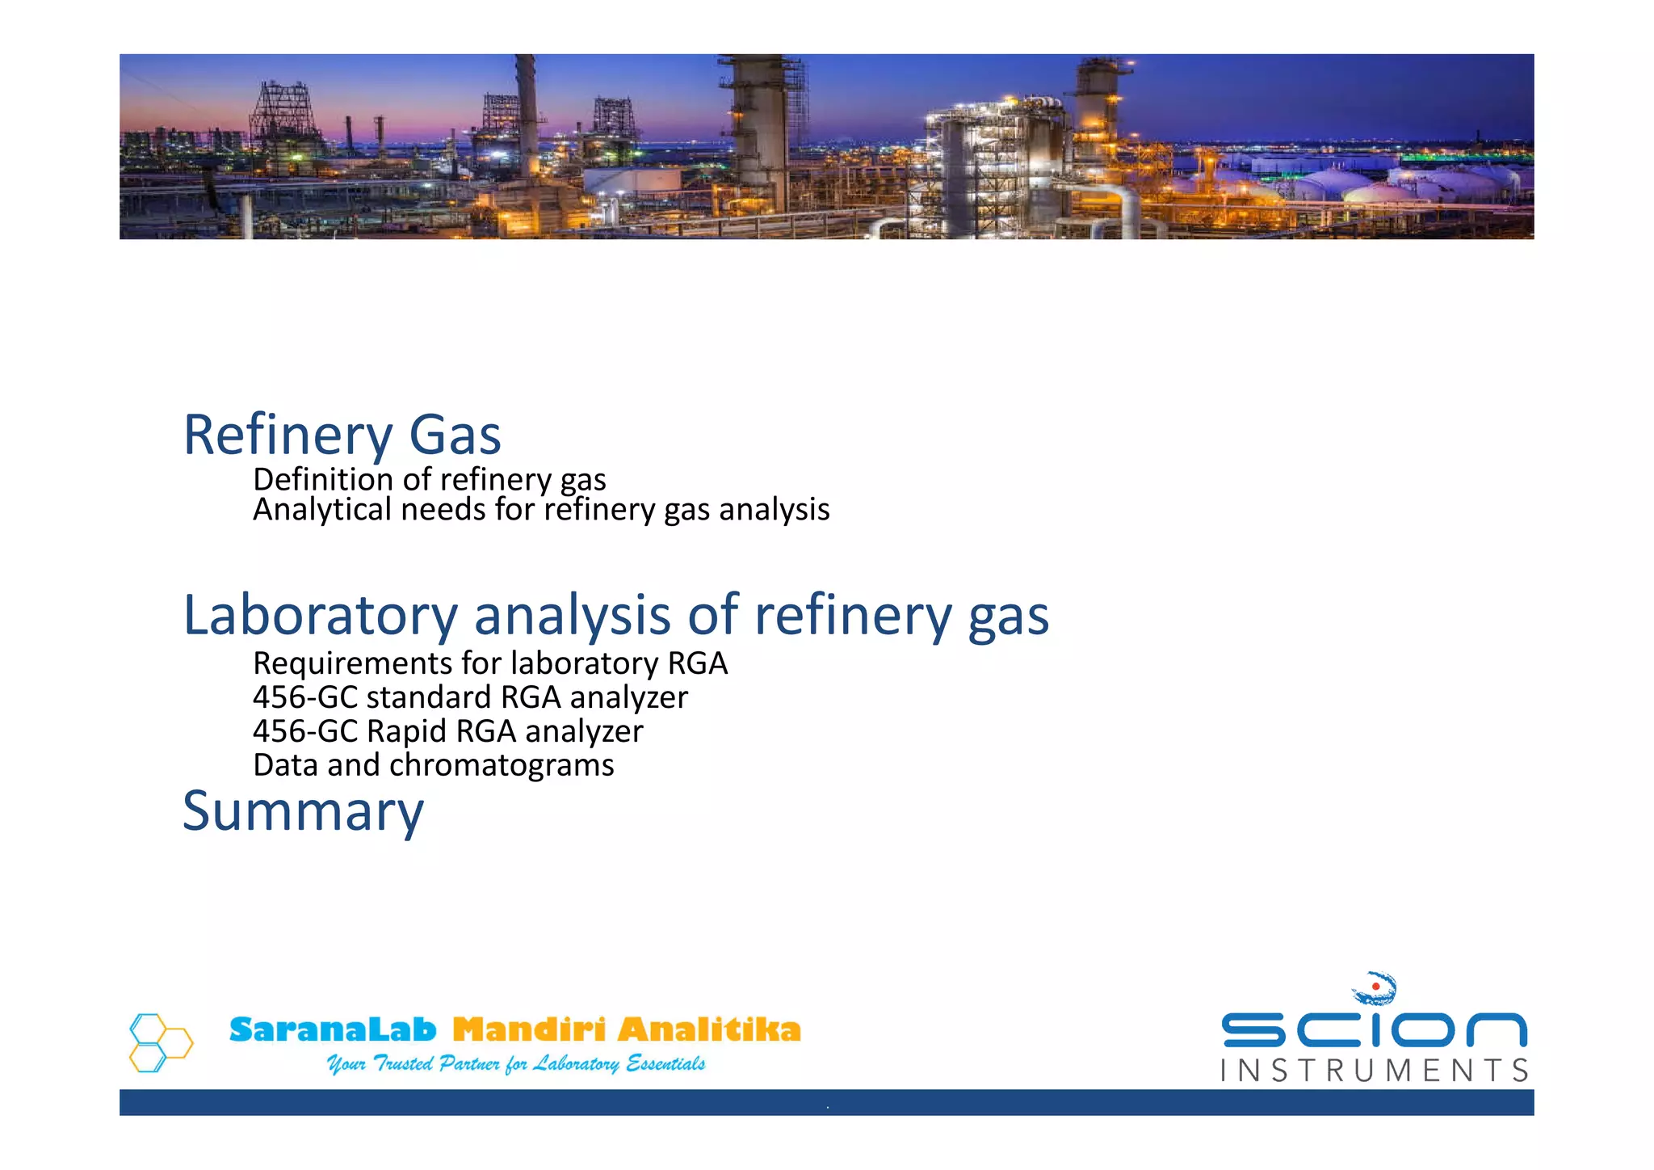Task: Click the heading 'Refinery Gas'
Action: [342, 436]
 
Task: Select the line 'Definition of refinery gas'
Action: [429, 480]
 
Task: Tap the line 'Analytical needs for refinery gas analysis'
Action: [541, 510]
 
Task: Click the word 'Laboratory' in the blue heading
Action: [320, 616]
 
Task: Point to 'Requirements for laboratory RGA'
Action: [490, 663]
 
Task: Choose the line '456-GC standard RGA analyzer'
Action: [470, 697]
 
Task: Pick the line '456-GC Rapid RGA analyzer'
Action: [447, 731]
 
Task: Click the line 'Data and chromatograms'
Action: [433, 765]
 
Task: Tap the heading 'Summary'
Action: [303, 811]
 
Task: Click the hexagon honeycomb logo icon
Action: [161, 1042]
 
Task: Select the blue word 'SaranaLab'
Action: [332, 1030]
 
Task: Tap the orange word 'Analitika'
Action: [709, 1030]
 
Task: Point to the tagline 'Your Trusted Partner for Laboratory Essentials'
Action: [515, 1064]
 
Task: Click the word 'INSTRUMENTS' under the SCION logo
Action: [1374, 1071]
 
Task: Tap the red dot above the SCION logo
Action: [1375, 987]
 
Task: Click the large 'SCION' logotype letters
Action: [1374, 1030]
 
